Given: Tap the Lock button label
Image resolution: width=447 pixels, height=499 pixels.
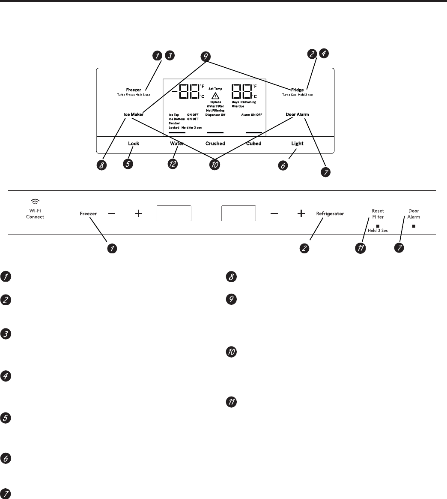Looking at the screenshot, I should coord(134,144).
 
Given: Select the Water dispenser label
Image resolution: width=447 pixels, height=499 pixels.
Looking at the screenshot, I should coord(177,144).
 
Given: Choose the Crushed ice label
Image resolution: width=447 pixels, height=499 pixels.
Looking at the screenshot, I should coord(215,144).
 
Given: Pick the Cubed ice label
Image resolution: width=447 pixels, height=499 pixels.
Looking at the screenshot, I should coord(253,144).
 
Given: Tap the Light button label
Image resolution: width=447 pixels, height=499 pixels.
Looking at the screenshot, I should coord(297,144).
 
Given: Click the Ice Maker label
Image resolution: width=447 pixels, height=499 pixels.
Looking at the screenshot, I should coord(131,114).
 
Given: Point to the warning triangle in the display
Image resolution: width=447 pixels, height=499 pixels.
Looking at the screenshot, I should coord(215,96).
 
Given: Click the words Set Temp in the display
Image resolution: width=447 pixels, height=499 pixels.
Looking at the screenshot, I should coord(215,89).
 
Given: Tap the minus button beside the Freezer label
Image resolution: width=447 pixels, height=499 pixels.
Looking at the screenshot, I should coord(112,213).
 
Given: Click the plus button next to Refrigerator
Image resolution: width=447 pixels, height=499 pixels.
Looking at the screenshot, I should coord(301,213).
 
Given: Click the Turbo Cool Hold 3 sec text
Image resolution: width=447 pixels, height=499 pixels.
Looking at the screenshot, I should coord(297,94).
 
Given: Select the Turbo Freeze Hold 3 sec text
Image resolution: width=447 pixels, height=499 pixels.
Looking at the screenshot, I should coord(133,94).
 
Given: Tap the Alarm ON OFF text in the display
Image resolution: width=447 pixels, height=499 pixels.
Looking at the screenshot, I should coord(251,115).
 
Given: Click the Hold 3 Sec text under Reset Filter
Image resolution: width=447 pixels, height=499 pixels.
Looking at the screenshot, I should coord(378,231).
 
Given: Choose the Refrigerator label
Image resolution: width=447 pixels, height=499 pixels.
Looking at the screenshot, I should coord(330,213).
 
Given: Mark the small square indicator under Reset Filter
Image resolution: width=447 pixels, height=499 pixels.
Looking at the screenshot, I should coord(378,225).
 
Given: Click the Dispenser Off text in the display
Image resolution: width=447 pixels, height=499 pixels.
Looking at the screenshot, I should coord(215,115).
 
